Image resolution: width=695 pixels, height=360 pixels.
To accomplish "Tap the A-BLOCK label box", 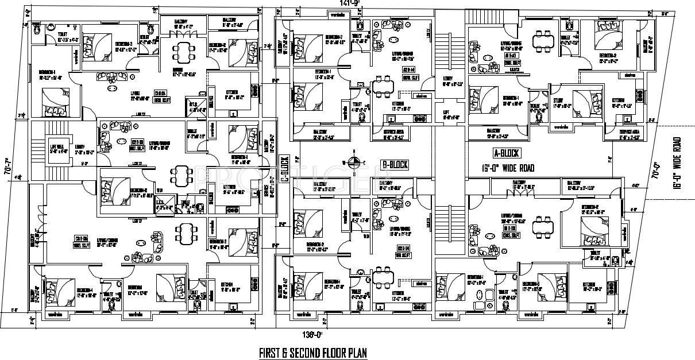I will point(506,153).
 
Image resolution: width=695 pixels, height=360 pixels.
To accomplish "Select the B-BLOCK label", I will point(395,165).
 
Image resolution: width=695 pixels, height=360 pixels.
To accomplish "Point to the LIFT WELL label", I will point(56,146).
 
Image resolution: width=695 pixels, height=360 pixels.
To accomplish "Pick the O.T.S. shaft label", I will point(194,105).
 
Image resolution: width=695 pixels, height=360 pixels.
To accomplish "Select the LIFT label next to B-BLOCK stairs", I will point(446,115).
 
